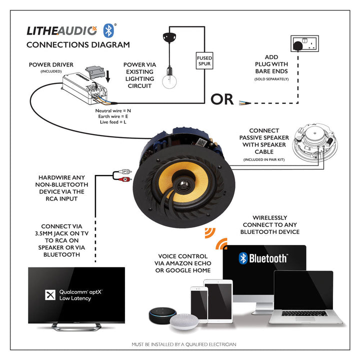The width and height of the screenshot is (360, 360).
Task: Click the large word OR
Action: pos(222,99)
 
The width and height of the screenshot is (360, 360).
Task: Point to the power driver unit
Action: pos(84,84)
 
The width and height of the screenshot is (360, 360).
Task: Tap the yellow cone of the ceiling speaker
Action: pos(181,181)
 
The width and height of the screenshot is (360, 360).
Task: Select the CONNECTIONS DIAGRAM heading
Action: pos(77,44)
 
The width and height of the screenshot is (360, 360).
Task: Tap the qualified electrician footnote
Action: pos(183,344)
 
